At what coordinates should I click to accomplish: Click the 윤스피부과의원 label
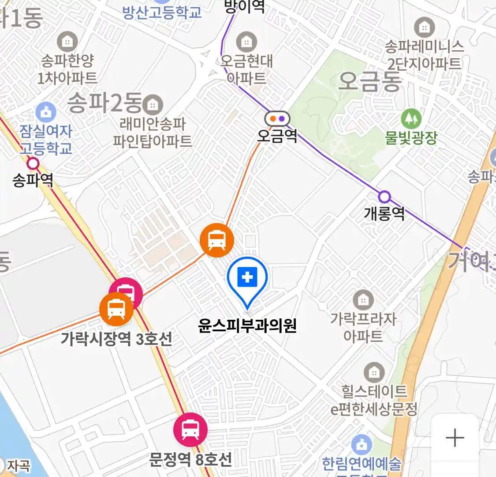point(247,326)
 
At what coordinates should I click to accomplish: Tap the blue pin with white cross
point(247,278)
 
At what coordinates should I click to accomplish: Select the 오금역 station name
point(277,136)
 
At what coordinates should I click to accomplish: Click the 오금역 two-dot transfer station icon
point(277,118)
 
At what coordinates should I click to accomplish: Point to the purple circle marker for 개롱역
point(384,197)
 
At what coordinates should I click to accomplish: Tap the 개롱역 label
point(384,213)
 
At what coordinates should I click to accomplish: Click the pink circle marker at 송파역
point(33,164)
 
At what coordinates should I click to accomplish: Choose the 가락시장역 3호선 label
point(116,339)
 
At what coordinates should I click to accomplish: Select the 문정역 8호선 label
point(190,460)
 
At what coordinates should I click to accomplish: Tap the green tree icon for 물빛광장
point(411,118)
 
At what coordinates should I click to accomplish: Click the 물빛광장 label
point(411,138)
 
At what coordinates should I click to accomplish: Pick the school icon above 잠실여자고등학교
point(46,112)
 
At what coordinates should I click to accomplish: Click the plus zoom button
point(455,438)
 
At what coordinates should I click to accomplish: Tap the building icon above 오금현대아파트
point(246,42)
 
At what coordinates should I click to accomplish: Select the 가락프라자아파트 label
point(363,327)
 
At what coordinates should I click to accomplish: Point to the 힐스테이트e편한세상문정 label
point(374,400)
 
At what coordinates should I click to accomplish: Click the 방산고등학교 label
point(162,11)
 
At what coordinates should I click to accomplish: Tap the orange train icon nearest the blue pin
point(216,240)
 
